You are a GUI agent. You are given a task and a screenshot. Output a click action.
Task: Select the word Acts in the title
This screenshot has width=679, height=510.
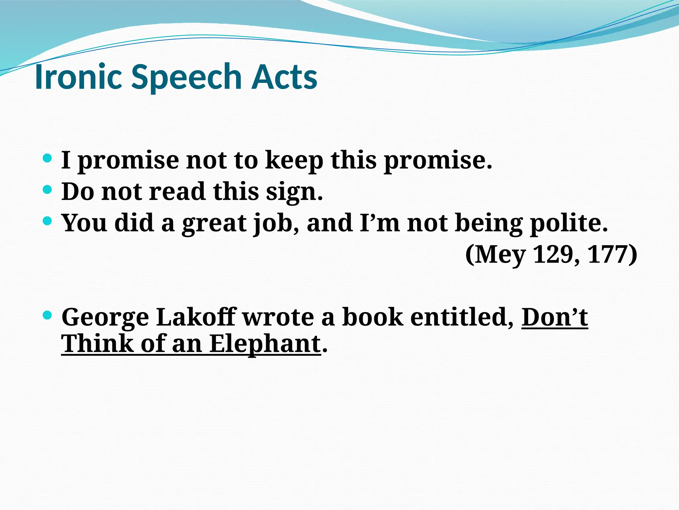(x=284, y=77)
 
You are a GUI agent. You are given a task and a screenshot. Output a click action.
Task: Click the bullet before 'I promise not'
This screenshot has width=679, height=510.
(x=48, y=158)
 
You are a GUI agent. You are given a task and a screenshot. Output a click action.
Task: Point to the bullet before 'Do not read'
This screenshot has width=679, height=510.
(x=48, y=190)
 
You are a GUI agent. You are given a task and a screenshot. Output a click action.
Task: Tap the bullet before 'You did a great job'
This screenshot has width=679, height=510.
(x=48, y=221)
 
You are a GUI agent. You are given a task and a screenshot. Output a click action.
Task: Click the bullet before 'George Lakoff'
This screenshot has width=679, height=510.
(x=48, y=315)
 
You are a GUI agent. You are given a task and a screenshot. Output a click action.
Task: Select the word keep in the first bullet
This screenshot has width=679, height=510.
(x=294, y=161)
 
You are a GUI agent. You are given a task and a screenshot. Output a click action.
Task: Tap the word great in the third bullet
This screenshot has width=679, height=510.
(x=214, y=223)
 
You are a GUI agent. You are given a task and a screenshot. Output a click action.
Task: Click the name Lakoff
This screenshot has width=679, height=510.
(x=196, y=317)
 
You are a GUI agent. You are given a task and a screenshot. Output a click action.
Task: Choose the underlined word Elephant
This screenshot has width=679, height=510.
(x=265, y=344)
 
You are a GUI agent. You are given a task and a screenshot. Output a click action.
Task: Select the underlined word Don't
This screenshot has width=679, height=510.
(x=555, y=317)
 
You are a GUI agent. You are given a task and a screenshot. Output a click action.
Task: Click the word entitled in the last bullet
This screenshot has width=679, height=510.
(x=462, y=317)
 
